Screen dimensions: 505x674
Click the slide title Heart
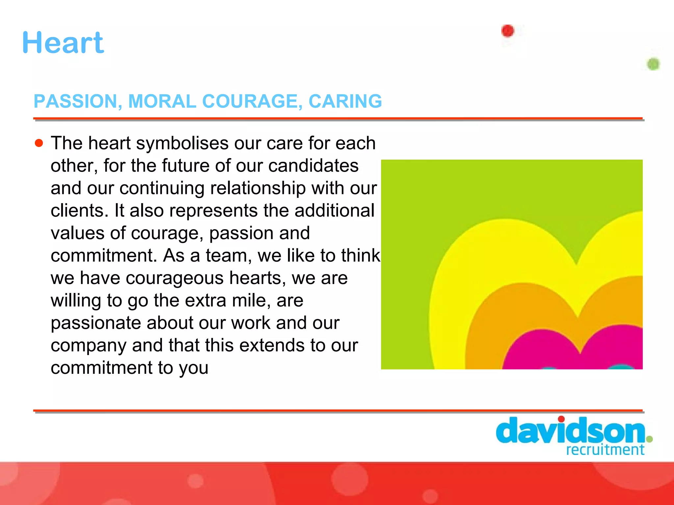point(63,43)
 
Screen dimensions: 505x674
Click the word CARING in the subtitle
point(345,101)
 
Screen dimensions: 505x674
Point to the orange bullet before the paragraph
point(39,143)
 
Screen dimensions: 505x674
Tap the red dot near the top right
point(507,31)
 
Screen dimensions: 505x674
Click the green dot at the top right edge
point(653,64)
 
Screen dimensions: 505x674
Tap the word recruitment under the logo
point(605,450)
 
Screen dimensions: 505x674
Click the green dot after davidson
point(649,439)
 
